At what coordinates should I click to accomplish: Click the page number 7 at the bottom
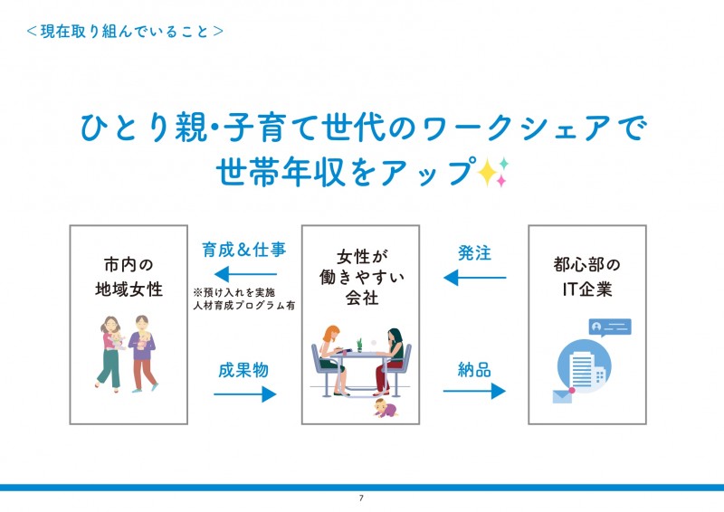click(361, 498)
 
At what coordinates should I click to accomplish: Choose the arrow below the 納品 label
click(473, 391)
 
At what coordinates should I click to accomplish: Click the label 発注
click(474, 252)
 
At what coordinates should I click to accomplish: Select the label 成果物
click(243, 370)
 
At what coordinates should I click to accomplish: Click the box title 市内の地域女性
click(129, 277)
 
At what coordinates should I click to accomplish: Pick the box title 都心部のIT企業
click(586, 277)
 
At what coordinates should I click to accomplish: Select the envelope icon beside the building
click(563, 395)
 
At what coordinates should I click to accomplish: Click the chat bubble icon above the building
click(609, 327)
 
